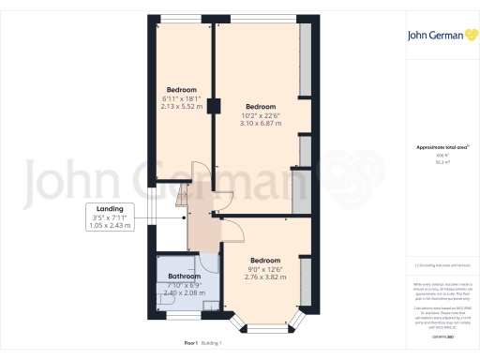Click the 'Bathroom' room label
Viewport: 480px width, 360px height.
[184, 277]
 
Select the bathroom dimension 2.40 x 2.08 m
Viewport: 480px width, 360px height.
[184, 292]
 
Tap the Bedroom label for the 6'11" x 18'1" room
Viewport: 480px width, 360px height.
[181, 90]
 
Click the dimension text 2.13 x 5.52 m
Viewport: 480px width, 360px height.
[181, 107]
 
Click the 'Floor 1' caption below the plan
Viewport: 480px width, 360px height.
[190, 344]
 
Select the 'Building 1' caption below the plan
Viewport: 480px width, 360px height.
[213, 344]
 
